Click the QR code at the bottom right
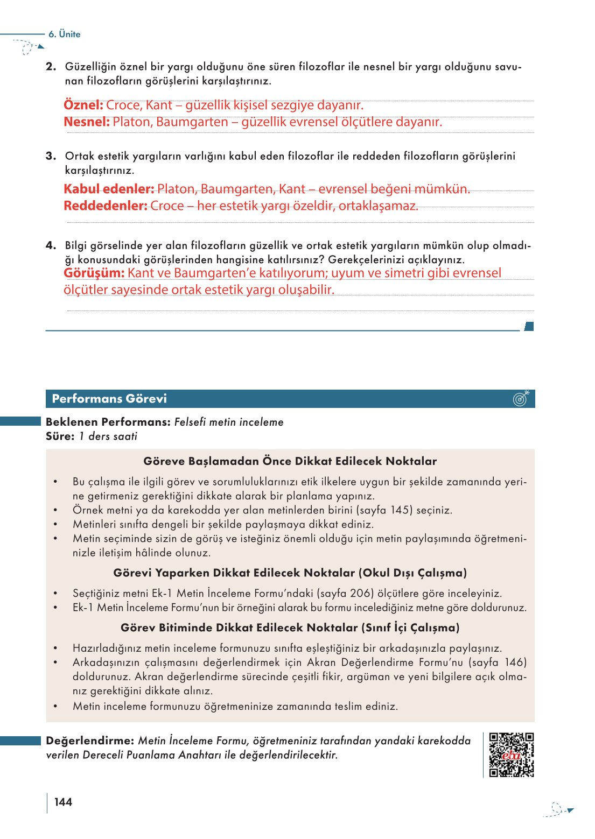(x=511, y=755)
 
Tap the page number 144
(x=63, y=802)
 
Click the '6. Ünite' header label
(x=64, y=34)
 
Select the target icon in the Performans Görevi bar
(x=521, y=398)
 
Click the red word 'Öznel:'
(x=83, y=105)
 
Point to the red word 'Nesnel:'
(x=87, y=122)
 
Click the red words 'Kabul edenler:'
(x=109, y=189)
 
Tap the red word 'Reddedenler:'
(x=106, y=206)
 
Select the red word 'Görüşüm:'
(x=94, y=273)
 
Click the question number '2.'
(x=51, y=67)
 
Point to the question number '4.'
(x=51, y=245)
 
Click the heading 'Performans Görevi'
(x=109, y=399)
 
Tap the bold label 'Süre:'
(x=60, y=436)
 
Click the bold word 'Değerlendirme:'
(x=90, y=741)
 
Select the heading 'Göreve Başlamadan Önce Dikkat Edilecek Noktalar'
(x=290, y=461)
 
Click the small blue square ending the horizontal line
(x=529, y=326)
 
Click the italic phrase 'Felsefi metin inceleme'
(x=229, y=422)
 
